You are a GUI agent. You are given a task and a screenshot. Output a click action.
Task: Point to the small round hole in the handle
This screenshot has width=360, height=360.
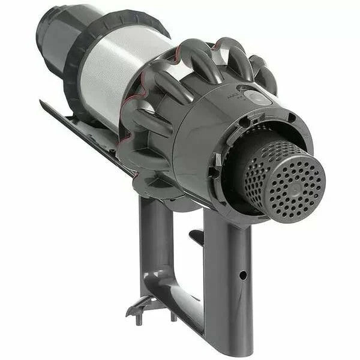tap(242, 275)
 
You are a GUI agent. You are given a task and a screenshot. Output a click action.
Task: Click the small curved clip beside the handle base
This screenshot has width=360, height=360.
tap(137, 307)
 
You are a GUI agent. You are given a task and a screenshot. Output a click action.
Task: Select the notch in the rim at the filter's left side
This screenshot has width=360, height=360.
tap(217, 160)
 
